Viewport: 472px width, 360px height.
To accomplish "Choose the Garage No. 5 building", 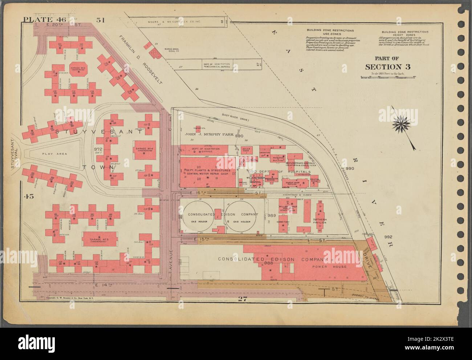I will click(97, 240).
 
